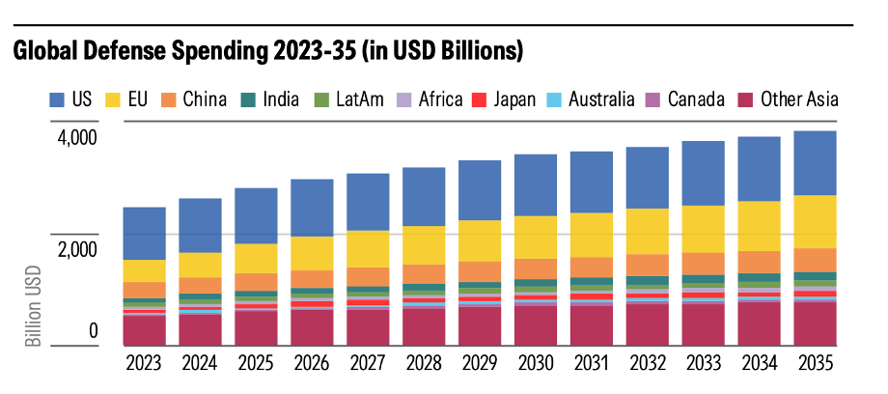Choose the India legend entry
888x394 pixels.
pos(279,99)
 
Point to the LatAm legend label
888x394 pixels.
pos(358,99)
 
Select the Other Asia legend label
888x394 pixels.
pos(799,99)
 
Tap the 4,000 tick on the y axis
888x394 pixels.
pos(77,137)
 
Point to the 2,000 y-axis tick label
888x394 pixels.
pos(77,250)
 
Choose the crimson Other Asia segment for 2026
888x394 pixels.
pos(313,327)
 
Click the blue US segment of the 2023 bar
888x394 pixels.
pos(145,233)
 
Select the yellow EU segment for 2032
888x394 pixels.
pos(648,231)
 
